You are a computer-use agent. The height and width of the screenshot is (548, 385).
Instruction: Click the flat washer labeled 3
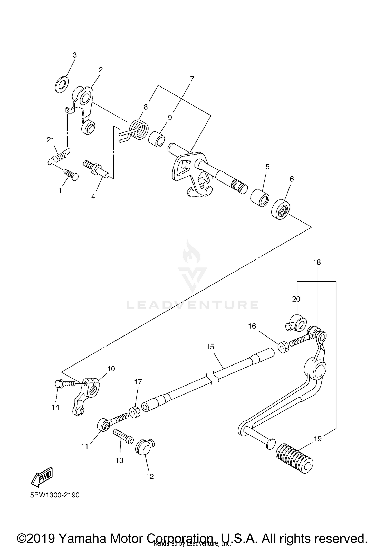coord(62,84)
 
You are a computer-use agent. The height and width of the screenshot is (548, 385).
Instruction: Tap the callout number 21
coord(50,140)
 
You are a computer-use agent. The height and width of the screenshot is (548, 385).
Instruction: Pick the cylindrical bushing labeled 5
coord(260,198)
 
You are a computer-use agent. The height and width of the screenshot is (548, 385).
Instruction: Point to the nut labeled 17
coord(135,412)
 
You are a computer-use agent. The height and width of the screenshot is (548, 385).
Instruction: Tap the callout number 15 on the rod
coord(210,347)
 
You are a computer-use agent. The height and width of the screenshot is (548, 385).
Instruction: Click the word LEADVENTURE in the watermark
coord(192,305)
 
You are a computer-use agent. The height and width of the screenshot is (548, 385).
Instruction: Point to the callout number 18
coord(317,262)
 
